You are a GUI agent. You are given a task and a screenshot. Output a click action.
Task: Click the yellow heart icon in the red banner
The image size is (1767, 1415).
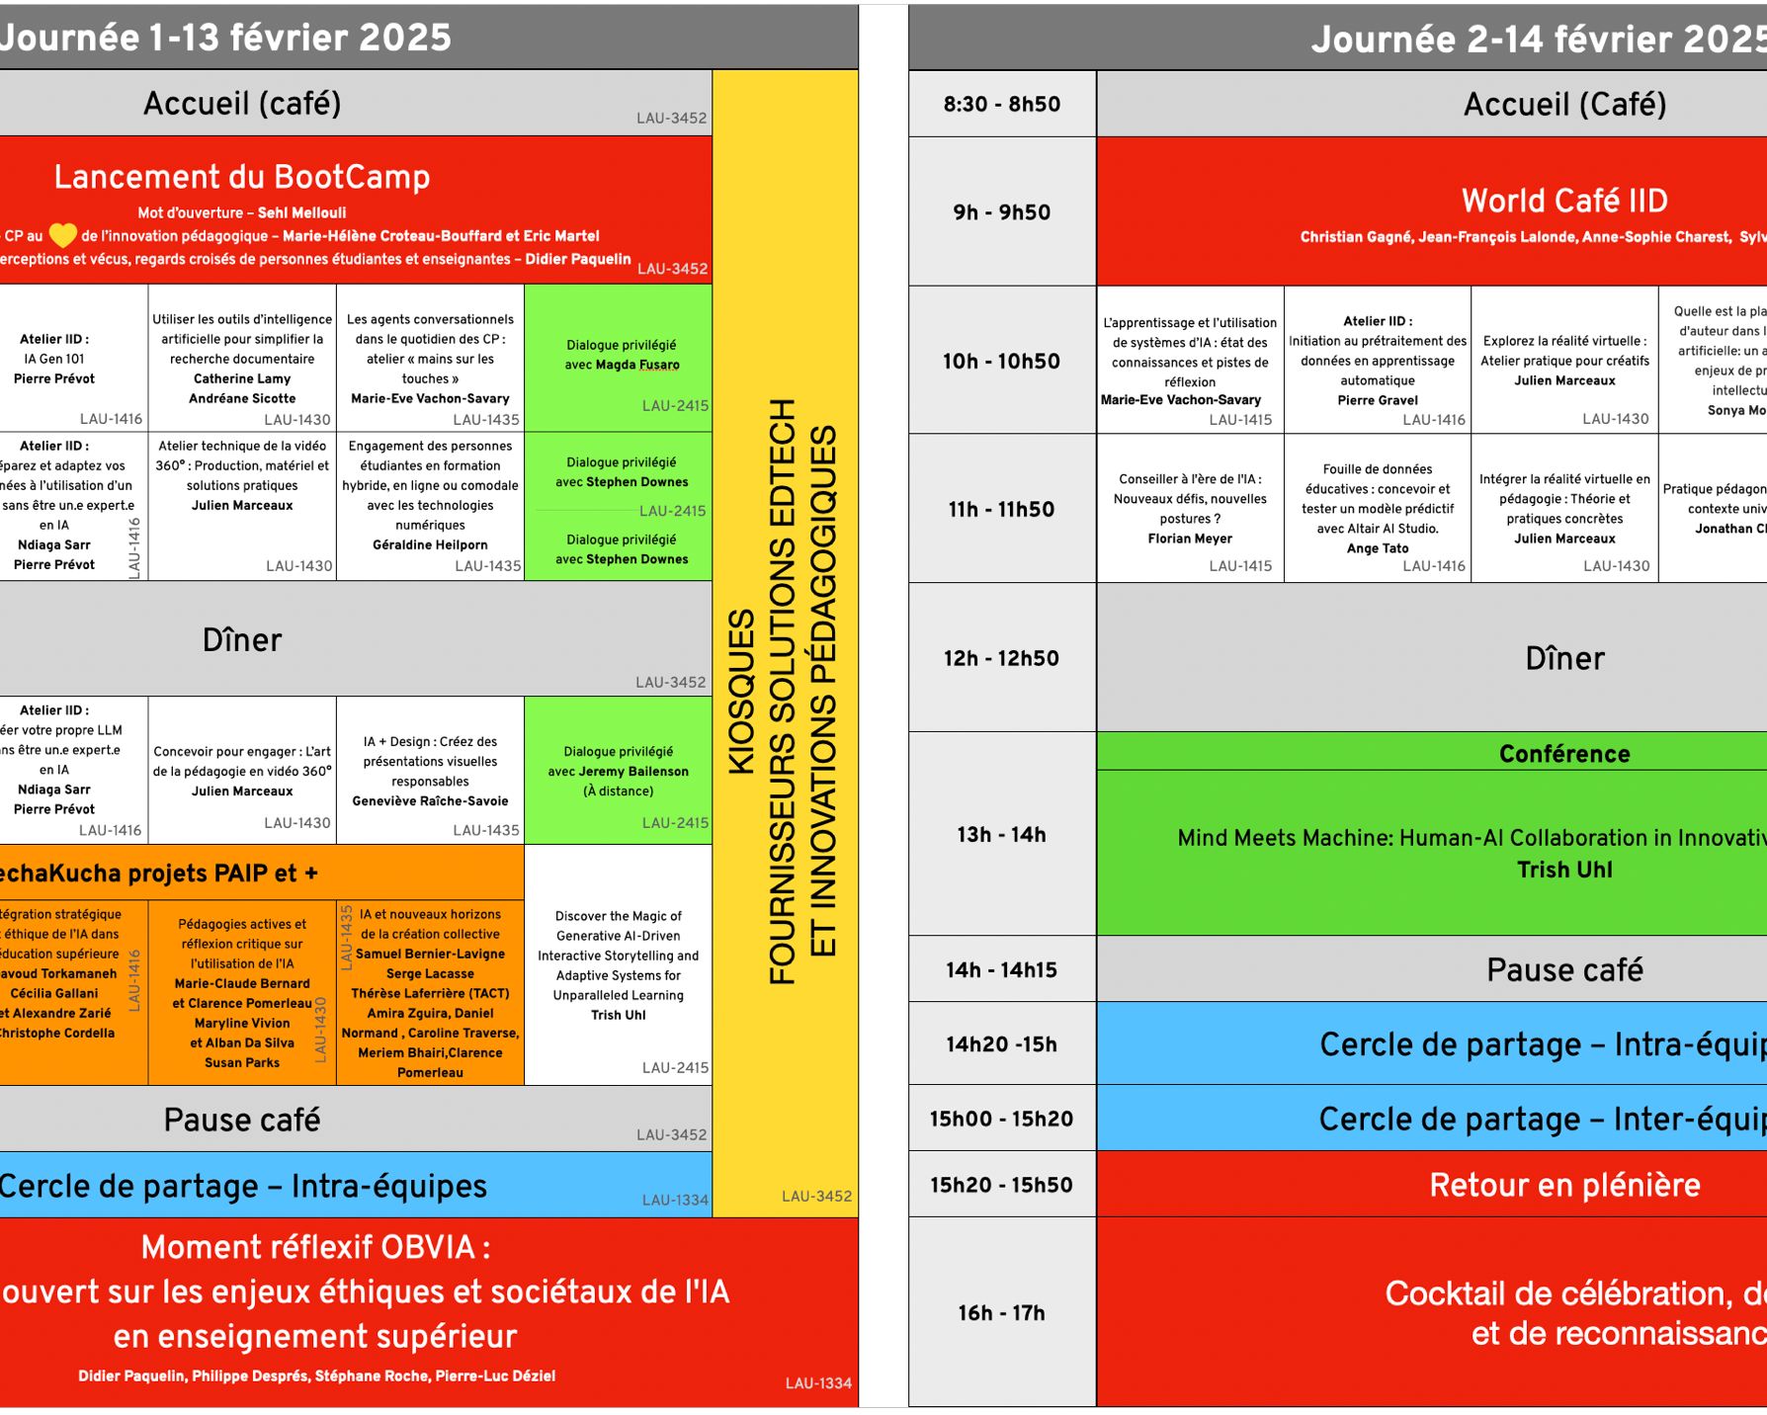pyautogui.click(x=63, y=235)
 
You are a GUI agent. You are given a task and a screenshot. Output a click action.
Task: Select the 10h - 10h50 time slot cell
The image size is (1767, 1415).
pyautogui.click(x=1001, y=361)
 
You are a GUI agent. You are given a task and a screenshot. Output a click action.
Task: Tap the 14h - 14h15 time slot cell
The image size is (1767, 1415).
pyautogui.click(x=1001, y=969)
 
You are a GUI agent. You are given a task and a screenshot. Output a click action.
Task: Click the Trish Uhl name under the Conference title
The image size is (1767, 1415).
pyautogui.click(x=1564, y=870)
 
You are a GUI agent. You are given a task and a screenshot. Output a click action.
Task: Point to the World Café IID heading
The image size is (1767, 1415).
pyautogui.click(x=1564, y=201)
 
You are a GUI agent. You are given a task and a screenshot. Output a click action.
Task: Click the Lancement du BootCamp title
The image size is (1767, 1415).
pyautogui.click(x=242, y=177)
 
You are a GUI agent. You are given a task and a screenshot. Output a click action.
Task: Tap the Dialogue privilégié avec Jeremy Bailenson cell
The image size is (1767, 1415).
pyautogui.click(x=619, y=771)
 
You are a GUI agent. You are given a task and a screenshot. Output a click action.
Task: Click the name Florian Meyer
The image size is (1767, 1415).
pyautogui.click(x=1190, y=539)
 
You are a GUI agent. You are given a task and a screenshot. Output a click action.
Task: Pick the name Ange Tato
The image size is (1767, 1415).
pyautogui.click(x=1378, y=548)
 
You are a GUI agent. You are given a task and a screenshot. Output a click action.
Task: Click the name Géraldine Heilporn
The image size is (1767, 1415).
pyautogui.click(x=430, y=544)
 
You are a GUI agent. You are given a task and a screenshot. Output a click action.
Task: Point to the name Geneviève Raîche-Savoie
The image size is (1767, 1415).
pyautogui.click(x=430, y=800)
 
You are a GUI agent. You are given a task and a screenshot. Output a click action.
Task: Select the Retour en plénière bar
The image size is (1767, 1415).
pyautogui.click(x=1564, y=1184)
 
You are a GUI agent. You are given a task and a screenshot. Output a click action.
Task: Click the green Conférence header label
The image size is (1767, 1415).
pyautogui.click(x=1564, y=754)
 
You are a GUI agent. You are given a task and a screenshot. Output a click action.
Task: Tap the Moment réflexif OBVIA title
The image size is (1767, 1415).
pyautogui.click(x=316, y=1247)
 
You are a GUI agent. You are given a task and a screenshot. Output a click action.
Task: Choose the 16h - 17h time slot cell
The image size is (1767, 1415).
pyautogui.click(x=1001, y=1312)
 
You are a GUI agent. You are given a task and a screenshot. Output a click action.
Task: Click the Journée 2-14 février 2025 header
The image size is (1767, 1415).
pyautogui.click(x=1538, y=40)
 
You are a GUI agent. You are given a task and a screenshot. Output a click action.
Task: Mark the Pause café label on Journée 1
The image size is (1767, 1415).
pyautogui.click(x=242, y=1120)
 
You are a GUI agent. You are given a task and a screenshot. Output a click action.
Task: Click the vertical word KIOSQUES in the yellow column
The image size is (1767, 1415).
pyautogui.click(x=742, y=691)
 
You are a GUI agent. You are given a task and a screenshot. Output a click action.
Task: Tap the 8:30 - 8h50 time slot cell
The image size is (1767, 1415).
pyautogui.click(x=1001, y=104)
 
